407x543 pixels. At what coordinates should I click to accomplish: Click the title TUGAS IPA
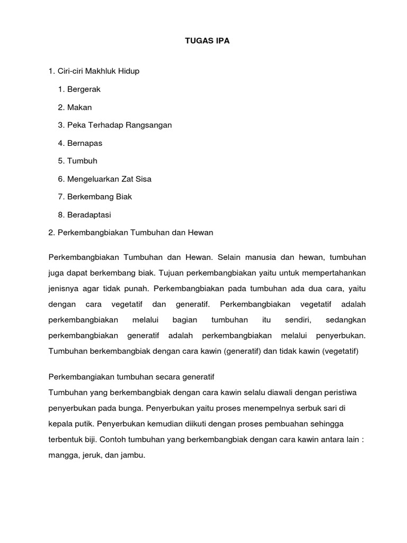(x=203, y=40)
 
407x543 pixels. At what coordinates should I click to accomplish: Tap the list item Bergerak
(x=84, y=89)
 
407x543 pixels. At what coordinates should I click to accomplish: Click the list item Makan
(x=79, y=107)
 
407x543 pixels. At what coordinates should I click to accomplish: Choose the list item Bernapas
(x=85, y=143)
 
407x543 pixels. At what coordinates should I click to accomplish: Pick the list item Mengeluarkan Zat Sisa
(x=109, y=179)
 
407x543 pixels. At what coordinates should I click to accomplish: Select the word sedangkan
(x=344, y=320)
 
